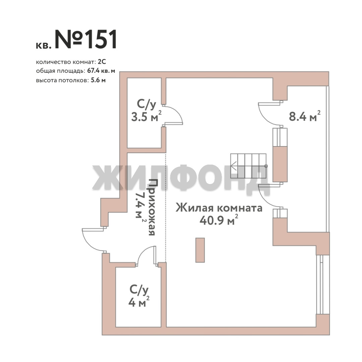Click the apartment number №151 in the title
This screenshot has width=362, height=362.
click(x=86, y=39)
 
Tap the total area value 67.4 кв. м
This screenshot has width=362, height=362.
click(x=101, y=71)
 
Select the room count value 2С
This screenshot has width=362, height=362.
click(x=102, y=62)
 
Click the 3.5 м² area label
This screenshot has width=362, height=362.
click(x=146, y=116)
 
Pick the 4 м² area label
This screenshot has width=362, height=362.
click(x=139, y=302)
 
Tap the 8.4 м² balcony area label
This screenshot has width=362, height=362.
click(x=304, y=116)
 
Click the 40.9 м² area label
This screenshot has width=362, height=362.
click(x=219, y=220)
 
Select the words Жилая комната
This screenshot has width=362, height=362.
click(x=219, y=208)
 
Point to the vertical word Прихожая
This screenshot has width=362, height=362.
click(x=152, y=207)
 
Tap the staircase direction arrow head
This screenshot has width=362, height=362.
click(x=233, y=166)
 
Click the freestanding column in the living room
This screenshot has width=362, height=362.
click(x=200, y=250)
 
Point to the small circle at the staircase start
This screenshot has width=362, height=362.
click(x=266, y=166)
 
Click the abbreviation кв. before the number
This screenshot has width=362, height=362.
click(x=43, y=46)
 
